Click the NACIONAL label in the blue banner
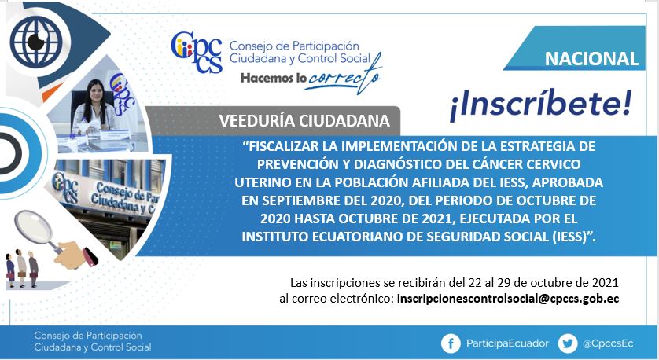pyautogui.click(x=591, y=58)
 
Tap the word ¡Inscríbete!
pyautogui.click(x=541, y=105)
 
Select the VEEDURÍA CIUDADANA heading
pyautogui.click(x=304, y=121)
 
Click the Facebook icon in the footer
pyautogui.click(x=451, y=344)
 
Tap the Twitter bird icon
pyautogui.click(x=568, y=344)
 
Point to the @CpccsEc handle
pyautogui.click(x=608, y=343)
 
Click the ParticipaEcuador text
pyautogui.click(x=507, y=343)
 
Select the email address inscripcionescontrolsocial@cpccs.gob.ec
pyautogui.click(x=508, y=299)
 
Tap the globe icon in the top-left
pyautogui.click(x=36, y=41)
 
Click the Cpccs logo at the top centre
pyautogui.click(x=197, y=51)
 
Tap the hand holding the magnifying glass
pyautogui.click(x=75, y=255)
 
